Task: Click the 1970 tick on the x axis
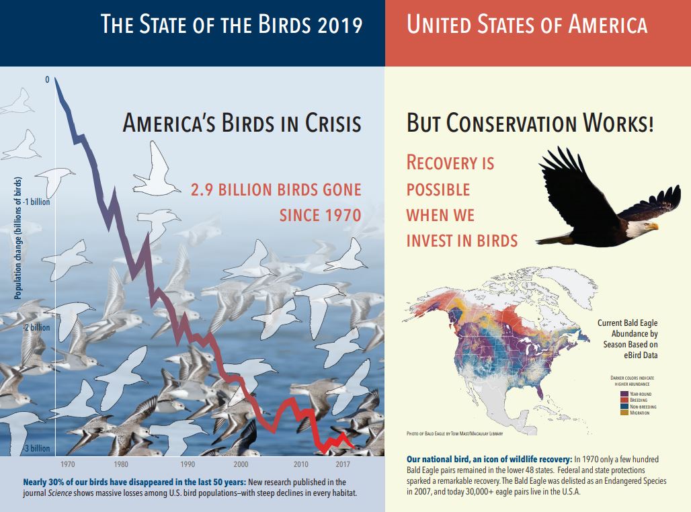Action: point(67,464)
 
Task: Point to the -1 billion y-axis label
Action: point(38,201)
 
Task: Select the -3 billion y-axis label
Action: point(38,449)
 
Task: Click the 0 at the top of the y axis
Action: point(47,79)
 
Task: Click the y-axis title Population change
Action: point(18,239)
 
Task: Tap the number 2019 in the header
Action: point(340,26)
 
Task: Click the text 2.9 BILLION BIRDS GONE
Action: point(276,190)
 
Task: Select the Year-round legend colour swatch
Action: point(625,393)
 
